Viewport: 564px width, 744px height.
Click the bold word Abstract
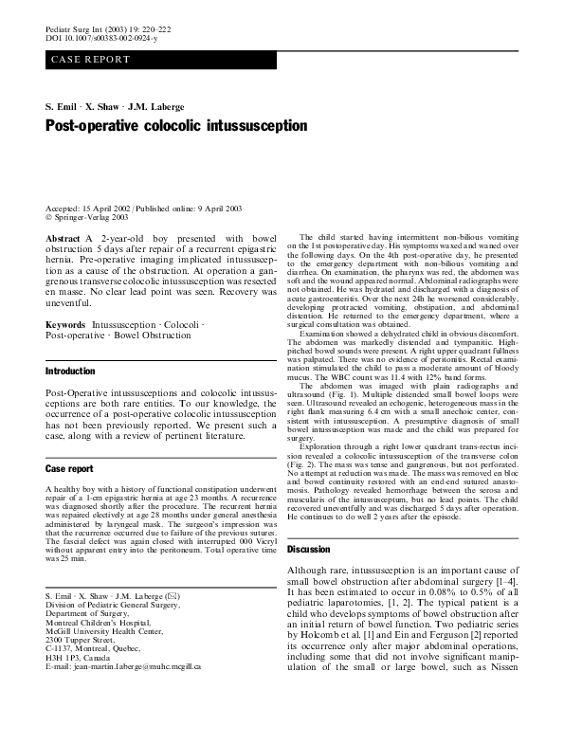(63, 239)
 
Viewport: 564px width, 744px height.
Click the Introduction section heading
(70, 372)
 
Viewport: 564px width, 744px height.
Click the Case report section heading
(69, 468)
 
